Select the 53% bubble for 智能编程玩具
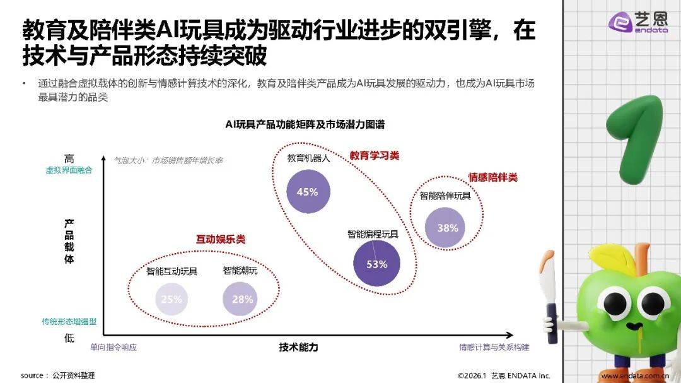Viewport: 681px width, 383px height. [x=376, y=264]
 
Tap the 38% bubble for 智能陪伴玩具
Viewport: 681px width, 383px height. [x=447, y=228]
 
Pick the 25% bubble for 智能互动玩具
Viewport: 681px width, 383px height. [x=171, y=299]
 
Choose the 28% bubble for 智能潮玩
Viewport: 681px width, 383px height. [x=242, y=299]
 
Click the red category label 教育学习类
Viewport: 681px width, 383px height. [x=375, y=155]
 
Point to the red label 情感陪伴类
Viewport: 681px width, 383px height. [x=492, y=177]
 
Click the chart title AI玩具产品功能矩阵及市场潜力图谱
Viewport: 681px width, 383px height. [x=305, y=124]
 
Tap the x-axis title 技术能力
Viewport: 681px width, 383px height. [x=298, y=347]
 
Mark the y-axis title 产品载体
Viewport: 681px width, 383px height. [x=69, y=241]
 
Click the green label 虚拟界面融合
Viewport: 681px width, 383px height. [x=68, y=170]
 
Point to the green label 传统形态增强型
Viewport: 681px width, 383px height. [x=68, y=321]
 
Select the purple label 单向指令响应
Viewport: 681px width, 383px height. [x=113, y=347]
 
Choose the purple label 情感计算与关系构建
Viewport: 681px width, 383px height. [x=494, y=347]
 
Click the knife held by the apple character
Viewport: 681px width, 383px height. [x=550, y=297]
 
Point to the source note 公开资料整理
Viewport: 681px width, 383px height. [x=74, y=375]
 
